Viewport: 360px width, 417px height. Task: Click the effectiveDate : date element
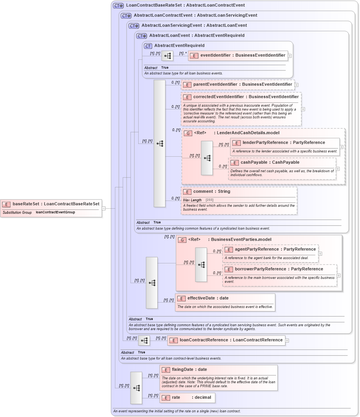tap(208, 298)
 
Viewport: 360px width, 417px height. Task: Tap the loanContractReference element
tap(231, 340)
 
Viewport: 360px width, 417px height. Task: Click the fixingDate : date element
tap(189, 370)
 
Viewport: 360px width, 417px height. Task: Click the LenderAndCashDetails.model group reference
tap(236, 133)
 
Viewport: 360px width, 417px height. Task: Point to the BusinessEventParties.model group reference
tap(229, 240)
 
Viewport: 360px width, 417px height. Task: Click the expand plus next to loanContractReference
tap(287, 341)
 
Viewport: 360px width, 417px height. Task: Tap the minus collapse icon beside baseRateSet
tap(104, 208)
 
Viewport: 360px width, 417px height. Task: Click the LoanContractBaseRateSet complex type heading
tap(185, 5)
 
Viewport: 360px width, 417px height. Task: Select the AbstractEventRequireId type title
tap(179, 46)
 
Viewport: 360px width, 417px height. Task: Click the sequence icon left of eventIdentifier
tap(167, 56)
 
